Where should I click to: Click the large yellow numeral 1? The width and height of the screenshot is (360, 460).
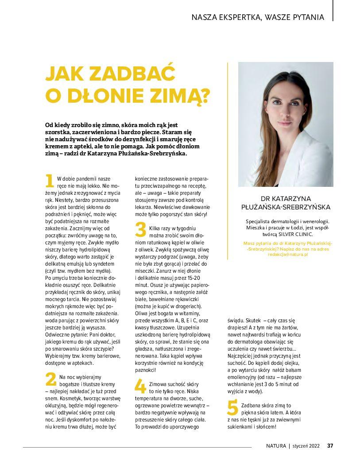(50, 181)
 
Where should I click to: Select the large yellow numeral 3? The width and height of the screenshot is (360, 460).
(140, 230)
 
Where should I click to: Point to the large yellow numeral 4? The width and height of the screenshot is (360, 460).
(140, 387)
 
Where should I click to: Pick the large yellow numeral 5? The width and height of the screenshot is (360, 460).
(232, 408)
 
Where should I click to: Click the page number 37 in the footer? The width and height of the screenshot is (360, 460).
(330, 446)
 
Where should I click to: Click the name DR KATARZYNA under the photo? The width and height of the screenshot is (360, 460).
(286, 198)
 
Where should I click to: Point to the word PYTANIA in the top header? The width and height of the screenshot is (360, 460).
(307, 18)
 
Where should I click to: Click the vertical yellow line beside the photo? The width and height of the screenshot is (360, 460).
(228, 124)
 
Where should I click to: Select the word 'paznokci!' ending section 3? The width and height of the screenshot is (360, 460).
(145, 370)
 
